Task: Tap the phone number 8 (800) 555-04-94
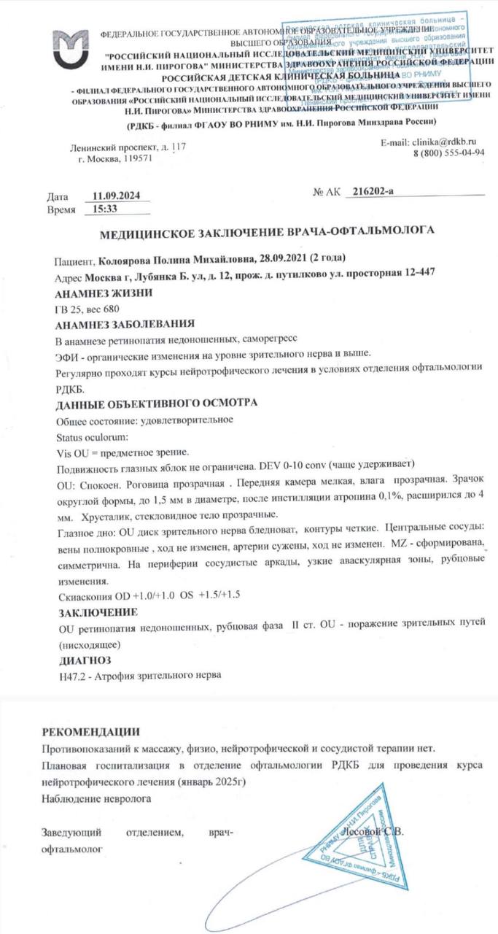pos(449,153)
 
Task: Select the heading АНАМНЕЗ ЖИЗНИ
pos(104,294)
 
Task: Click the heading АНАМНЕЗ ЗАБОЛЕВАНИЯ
pos(125,325)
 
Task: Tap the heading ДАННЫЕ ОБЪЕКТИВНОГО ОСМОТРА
pos(156,403)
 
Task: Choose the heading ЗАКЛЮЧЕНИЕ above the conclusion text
pos(97,611)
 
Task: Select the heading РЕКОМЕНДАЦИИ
pos(90,732)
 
